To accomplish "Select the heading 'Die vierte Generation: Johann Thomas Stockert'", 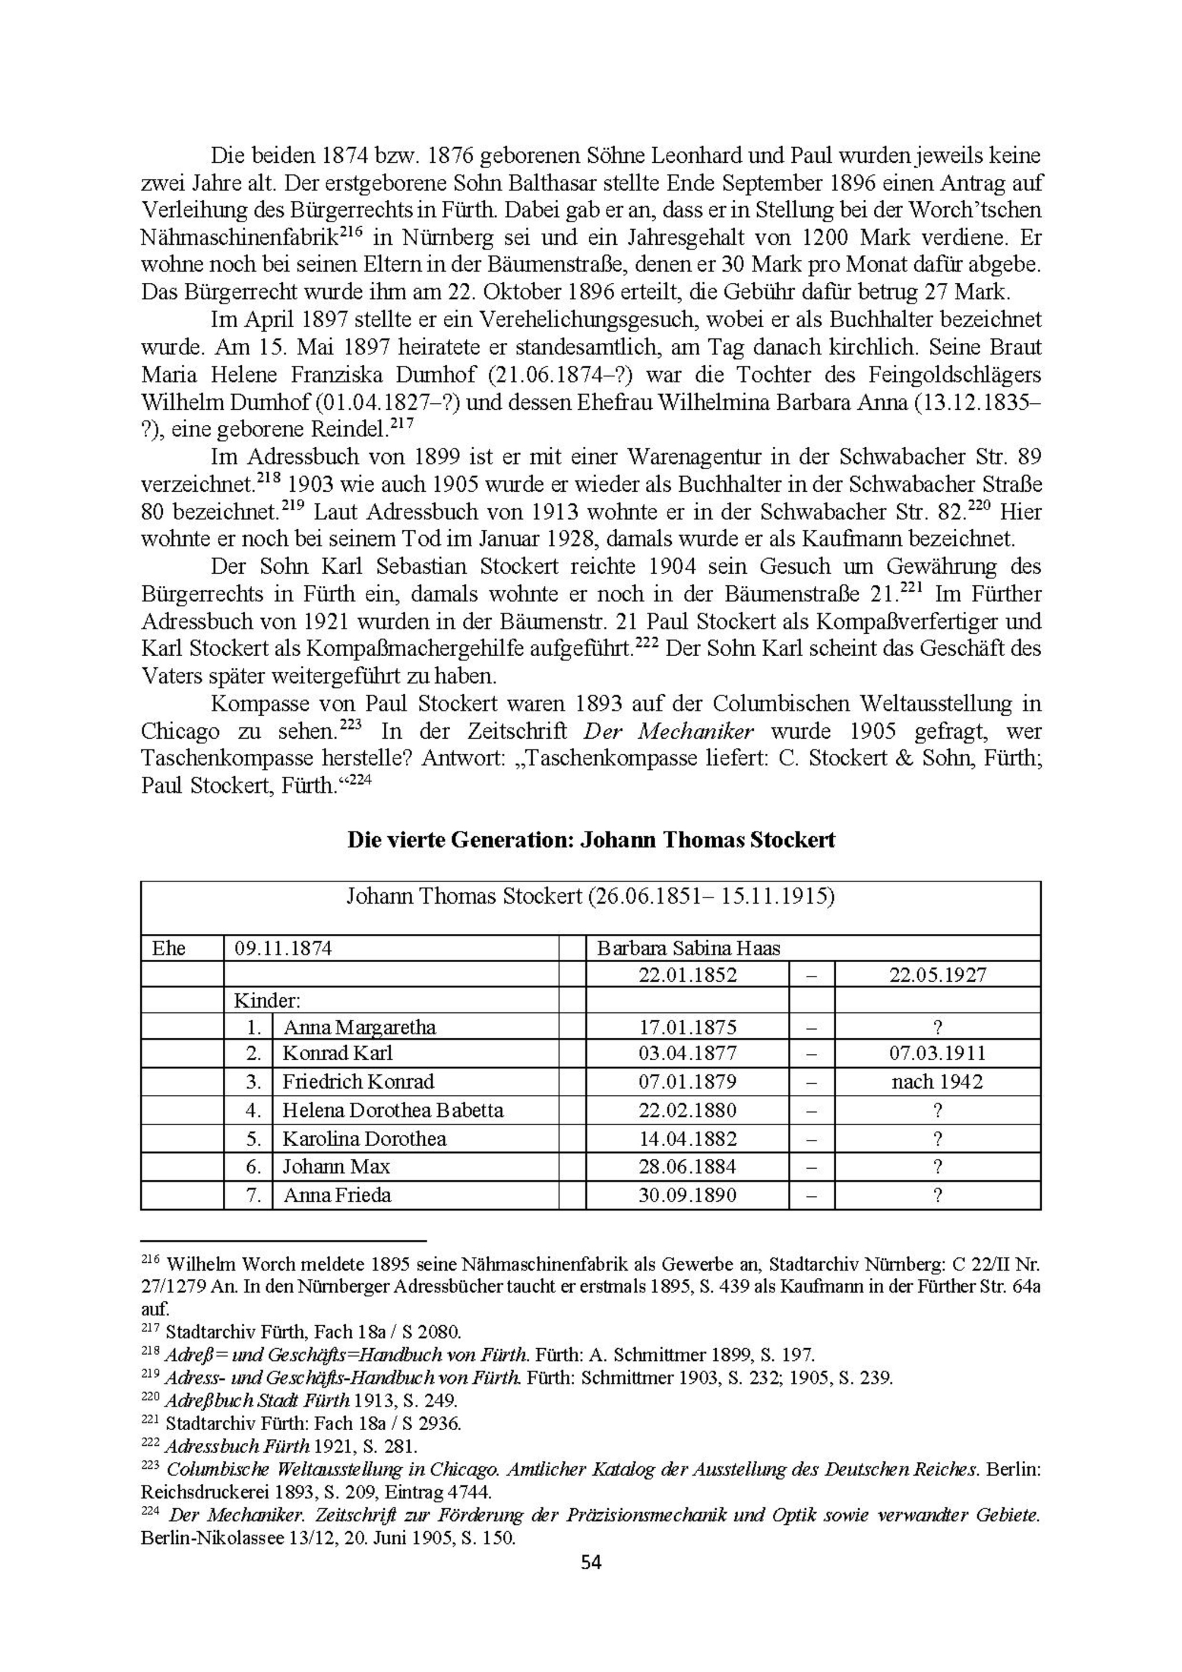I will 590,840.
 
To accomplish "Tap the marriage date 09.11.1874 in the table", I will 283,948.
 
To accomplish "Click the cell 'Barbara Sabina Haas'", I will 688,948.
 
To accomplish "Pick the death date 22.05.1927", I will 937,974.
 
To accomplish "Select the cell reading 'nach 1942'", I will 937,1082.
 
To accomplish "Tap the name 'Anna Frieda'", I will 337,1195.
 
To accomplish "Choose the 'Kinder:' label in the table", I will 267,1000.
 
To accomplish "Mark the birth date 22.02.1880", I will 687,1110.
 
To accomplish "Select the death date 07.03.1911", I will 937,1053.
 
